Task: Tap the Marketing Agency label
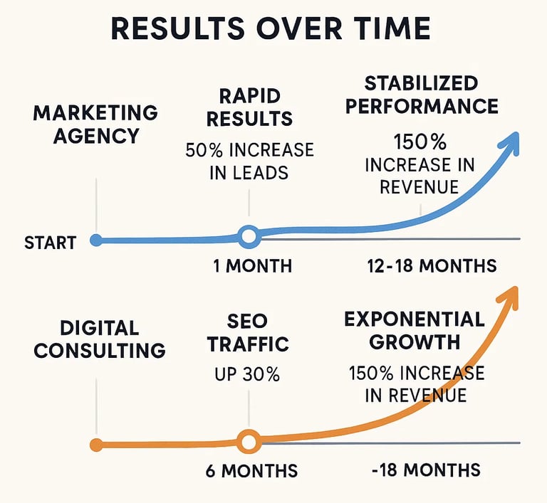click(x=95, y=125)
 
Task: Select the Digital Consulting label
click(x=100, y=339)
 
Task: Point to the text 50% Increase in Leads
click(x=249, y=161)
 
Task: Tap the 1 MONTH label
click(x=252, y=266)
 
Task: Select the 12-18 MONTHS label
click(x=432, y=266)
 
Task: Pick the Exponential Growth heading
click(x=414, y=329)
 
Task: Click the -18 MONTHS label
click(x=425, y=470)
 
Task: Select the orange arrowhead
click(x=509, y=297)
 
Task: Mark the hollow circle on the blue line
click(x=248, y=235)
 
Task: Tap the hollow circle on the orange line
click(x=248, y=442)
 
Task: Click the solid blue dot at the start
click(x=96, y=240)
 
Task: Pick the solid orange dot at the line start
click(x=95, y=445)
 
